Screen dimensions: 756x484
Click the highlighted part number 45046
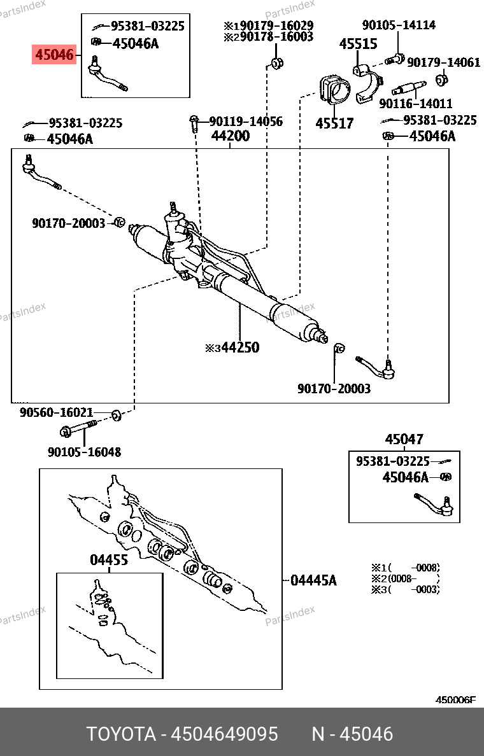click(54, 55)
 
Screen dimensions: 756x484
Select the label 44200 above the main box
click(231, 136)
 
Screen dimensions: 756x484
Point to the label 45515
click(358, 45)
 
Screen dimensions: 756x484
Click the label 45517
click(334, 123)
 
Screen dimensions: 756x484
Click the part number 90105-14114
click(399, 25)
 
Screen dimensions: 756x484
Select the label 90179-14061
click(444, 62)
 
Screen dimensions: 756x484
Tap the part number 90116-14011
click(415, 102)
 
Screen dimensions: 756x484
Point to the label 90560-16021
click(57, 412)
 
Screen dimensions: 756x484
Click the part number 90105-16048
click(84, 452)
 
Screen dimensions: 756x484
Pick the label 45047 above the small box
click(404, 440)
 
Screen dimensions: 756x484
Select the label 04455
click(109, 560)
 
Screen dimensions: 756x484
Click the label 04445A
click(313, 580)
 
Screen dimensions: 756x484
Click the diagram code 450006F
click(455, 699)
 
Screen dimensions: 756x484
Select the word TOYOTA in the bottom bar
click(122, 734)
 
